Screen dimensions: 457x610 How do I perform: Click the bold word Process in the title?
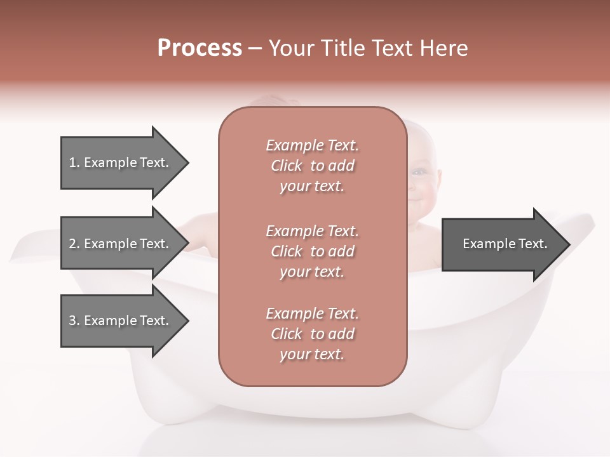pyautogui.click(x=200, y=48)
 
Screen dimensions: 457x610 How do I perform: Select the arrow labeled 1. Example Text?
pyautogui.click(x=121, y=162)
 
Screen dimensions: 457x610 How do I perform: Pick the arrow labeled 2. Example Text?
pyautogui.click(x=121, y=244)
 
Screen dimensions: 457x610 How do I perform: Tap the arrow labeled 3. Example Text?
pyautogui.click(x=121, y=321)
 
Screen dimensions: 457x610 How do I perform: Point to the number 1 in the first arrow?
pyautogui.click(x=72, y=162)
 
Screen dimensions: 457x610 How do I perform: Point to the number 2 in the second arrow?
pyautogui.click(x=72, y=244)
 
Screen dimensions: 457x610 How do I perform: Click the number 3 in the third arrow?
pyautogui.click(x=72, y=321)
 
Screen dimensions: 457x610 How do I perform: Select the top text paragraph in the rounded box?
pyautogui.click(x=312, y=166)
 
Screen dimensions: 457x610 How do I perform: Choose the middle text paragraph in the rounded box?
pyautogui.click(x=312, y=251)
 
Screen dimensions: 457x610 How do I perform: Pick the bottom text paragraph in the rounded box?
pyautogui.click(x=312, y=334)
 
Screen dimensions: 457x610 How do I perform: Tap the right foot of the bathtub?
pyautogui.click(x=483, y=406)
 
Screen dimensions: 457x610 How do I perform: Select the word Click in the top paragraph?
pyautogui.click(x=287, y=166)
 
